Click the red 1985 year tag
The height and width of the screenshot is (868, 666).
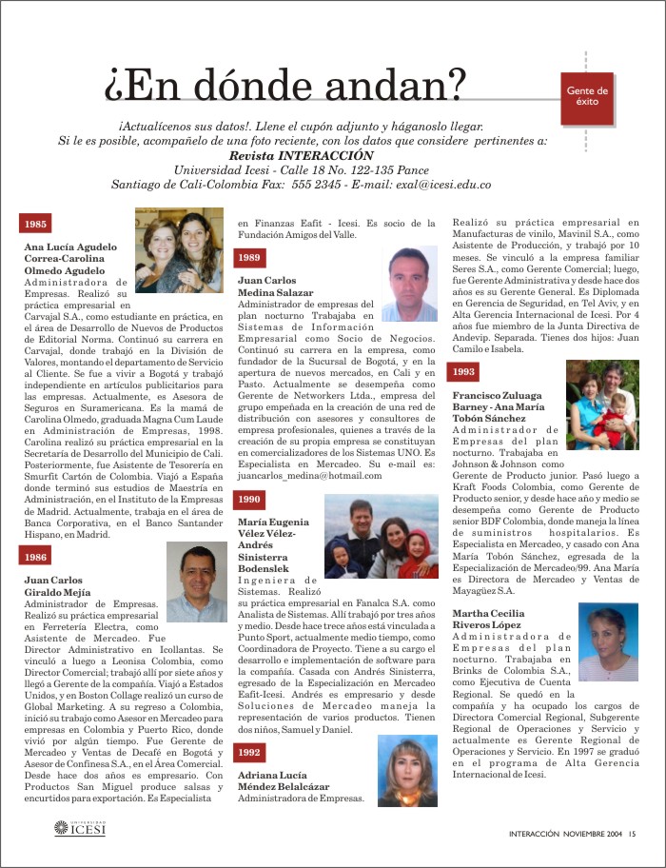point(36,224)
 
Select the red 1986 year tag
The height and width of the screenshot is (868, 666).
point(36,557)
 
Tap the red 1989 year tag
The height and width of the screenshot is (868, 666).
point(249,258)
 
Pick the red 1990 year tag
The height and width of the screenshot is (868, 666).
point(249,499)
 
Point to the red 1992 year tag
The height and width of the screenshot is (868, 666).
point(249,752)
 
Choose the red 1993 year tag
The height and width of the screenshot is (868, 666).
point(464,371)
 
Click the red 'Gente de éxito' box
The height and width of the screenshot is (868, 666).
point(587,97)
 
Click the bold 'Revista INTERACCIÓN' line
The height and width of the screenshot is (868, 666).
point(302,155)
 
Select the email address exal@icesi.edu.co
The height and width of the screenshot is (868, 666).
point(442,184)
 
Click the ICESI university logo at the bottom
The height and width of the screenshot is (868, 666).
point(80,830)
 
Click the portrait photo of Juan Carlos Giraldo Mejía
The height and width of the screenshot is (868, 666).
point(196,583)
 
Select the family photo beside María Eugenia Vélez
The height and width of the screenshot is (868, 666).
point(381,535)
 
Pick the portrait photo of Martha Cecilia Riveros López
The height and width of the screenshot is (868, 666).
point(607,641)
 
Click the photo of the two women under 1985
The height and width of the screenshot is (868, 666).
point(179,249)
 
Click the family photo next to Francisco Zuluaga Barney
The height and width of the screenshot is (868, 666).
point(601,404)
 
